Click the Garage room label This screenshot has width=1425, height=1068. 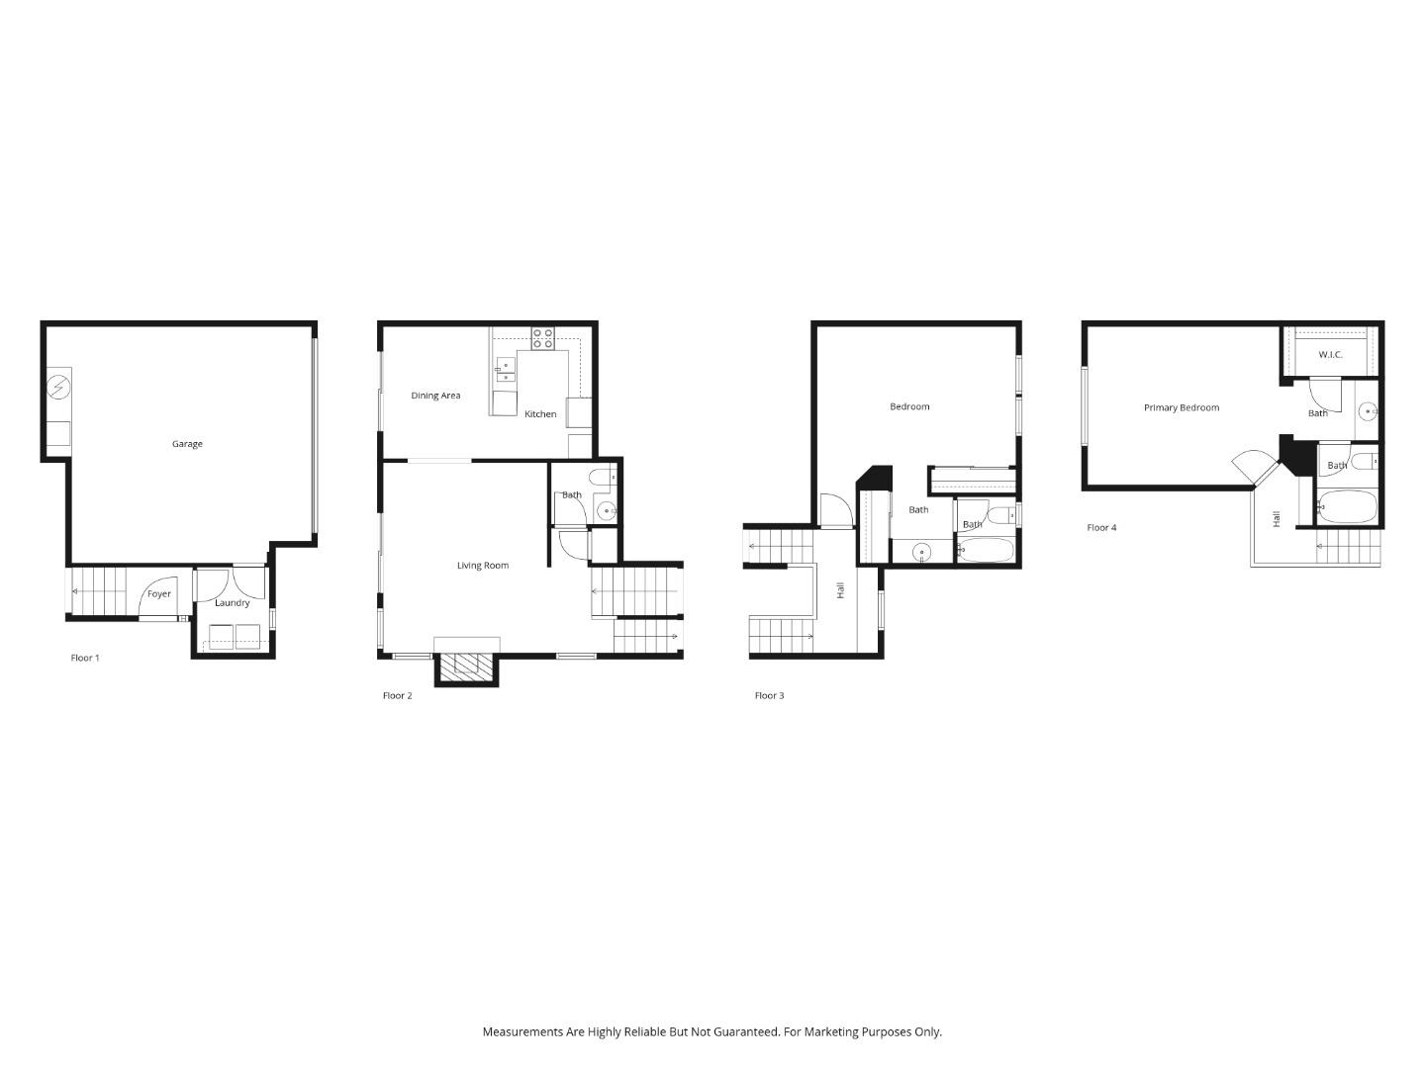click(x=187, y=444)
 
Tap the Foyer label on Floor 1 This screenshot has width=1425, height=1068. click(x=159, y=594)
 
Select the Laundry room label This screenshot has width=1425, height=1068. click(x=233, y=603)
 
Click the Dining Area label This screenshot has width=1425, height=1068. click(x=435, y=396)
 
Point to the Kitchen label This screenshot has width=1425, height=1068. click(x=540, y=414)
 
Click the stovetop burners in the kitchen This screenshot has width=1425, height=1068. click(x=542, y=338)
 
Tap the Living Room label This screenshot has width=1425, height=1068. click(x=483, y=566)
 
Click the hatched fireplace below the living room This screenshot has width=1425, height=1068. click(x=466, y=667)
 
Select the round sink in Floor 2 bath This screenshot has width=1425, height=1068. click(x=606, y=511)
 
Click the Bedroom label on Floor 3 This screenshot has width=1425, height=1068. click(x=909, y=406)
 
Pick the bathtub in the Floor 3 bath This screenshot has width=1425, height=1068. click(x=986, y=550)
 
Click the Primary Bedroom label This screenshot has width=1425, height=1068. click(x=1182, y=407)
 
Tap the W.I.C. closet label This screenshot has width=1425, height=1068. click(x=1330, y=355)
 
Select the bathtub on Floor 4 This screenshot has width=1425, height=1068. click(x=1347, y=507)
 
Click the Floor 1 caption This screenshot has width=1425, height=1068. click(x=85, y=658)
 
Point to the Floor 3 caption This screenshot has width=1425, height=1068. click(x=769, y=696)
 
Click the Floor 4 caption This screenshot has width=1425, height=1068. click(x=1101, y=528)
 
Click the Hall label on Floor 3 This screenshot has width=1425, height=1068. click(x=841, y=590)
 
